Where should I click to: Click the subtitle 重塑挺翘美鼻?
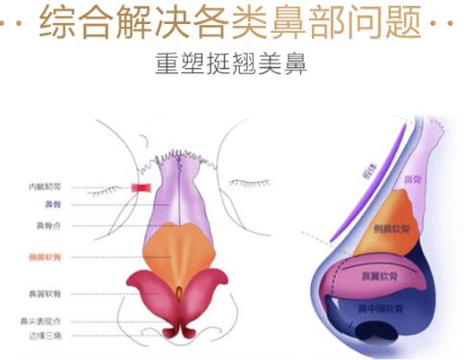232,66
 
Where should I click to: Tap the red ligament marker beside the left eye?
142,187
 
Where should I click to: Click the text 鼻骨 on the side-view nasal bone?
413,179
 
